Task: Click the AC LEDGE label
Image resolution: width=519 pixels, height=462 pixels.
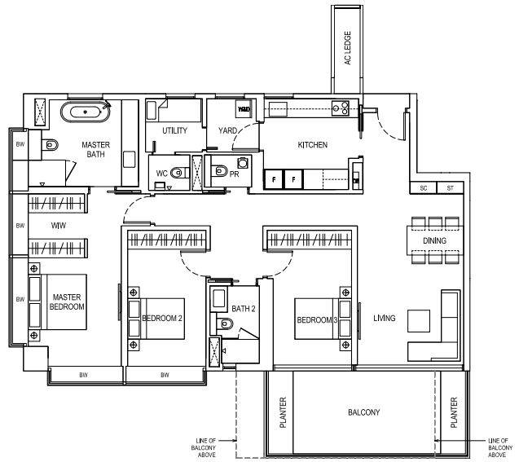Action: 348,48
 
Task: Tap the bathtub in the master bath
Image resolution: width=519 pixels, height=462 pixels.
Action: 86,112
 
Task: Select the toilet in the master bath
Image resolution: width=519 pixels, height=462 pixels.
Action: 50,144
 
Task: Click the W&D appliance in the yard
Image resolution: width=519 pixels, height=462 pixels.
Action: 244,109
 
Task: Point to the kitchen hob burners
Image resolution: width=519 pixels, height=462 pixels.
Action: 341,108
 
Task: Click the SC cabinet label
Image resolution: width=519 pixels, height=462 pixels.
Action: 424,188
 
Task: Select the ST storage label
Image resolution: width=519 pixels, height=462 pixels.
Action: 450,188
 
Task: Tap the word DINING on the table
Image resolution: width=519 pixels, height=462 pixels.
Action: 434,240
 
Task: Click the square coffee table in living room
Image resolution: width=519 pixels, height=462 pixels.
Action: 419,321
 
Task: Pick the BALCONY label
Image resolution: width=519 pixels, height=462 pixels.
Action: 363,412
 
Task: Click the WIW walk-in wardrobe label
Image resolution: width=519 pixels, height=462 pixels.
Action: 59,226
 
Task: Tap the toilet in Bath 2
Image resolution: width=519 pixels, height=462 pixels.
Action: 225,323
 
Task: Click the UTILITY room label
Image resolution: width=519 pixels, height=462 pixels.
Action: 174,130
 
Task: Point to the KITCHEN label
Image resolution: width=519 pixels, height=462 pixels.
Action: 313,144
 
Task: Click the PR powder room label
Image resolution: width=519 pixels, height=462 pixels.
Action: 234,174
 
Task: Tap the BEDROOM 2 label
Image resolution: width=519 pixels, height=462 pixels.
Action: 162,318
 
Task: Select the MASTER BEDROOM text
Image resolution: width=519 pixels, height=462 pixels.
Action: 67,301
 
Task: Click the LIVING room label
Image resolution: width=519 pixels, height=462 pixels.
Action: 385,318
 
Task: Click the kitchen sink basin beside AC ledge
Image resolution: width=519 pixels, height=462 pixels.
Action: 278,109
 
